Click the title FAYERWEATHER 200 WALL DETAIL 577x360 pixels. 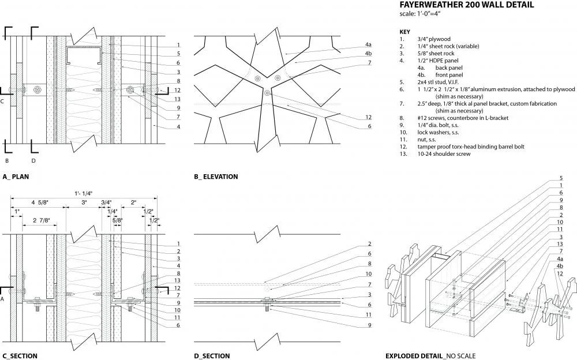467,5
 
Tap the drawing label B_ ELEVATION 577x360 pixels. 216,177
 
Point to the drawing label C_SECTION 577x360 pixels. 20,356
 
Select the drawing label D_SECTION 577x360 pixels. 212,356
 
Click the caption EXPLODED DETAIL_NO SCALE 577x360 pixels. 430,356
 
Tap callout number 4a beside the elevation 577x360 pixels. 368,44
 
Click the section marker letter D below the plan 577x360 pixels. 33,160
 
